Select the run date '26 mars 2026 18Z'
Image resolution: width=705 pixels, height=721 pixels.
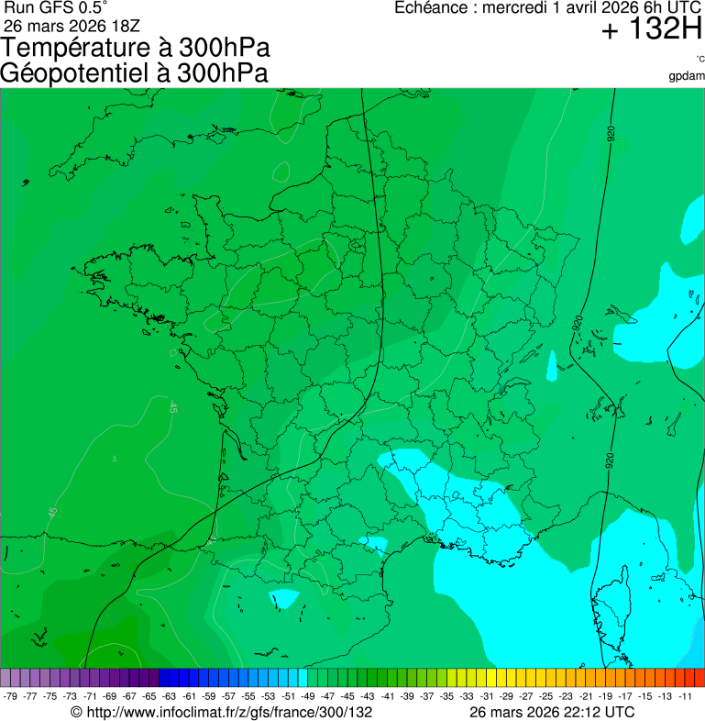click(72, 26)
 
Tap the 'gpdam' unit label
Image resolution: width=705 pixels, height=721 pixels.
click(686, 76)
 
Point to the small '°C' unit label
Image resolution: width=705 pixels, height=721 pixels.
click(699, 60)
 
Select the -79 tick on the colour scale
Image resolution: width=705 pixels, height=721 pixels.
click(11, 696)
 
